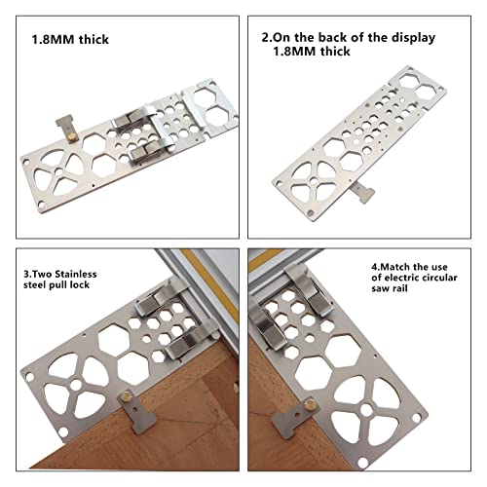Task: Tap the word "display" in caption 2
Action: (x=408, y=37)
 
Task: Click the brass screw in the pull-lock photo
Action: (x=127, y=398)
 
